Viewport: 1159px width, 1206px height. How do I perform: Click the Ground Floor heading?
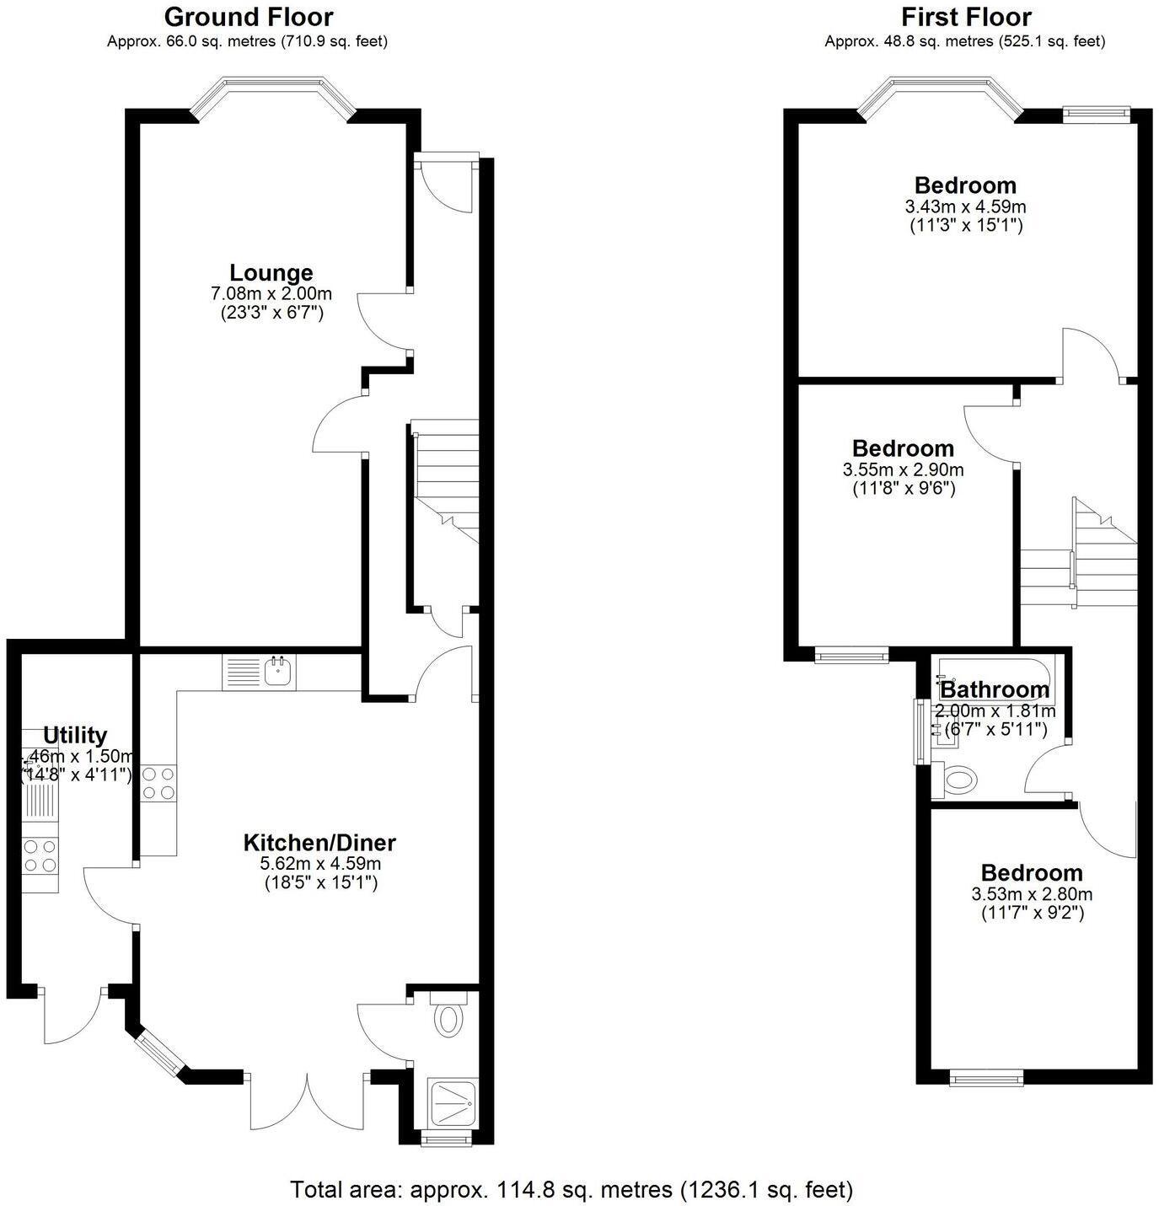click(248, 17)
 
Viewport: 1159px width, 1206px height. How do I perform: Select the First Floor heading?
click(965, 17)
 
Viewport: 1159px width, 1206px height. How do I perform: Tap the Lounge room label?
click(271, 273)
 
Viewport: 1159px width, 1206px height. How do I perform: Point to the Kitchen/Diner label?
click(319, 842)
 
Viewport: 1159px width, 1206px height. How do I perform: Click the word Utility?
click(75, 735)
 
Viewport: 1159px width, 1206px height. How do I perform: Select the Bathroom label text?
click(995, 689)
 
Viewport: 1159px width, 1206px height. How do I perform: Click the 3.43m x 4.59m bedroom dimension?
click(965, 206)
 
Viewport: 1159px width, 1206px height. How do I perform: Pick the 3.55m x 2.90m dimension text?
click(903, 469)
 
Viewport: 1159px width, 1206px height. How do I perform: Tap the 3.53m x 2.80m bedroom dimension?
click(1032, 894)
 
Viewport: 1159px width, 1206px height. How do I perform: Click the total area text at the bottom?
click(571, 1189)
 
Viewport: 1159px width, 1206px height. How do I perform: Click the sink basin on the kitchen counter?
click(278, 672)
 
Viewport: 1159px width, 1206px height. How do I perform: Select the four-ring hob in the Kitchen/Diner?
click(158, 783)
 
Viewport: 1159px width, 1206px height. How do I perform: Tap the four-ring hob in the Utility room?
click(40, 855)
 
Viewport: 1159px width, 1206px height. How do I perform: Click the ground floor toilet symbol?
click(448, 1016)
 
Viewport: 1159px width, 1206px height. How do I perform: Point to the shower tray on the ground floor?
click(454, 1103)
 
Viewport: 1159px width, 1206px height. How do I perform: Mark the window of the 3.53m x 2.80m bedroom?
click(986, 1076)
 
